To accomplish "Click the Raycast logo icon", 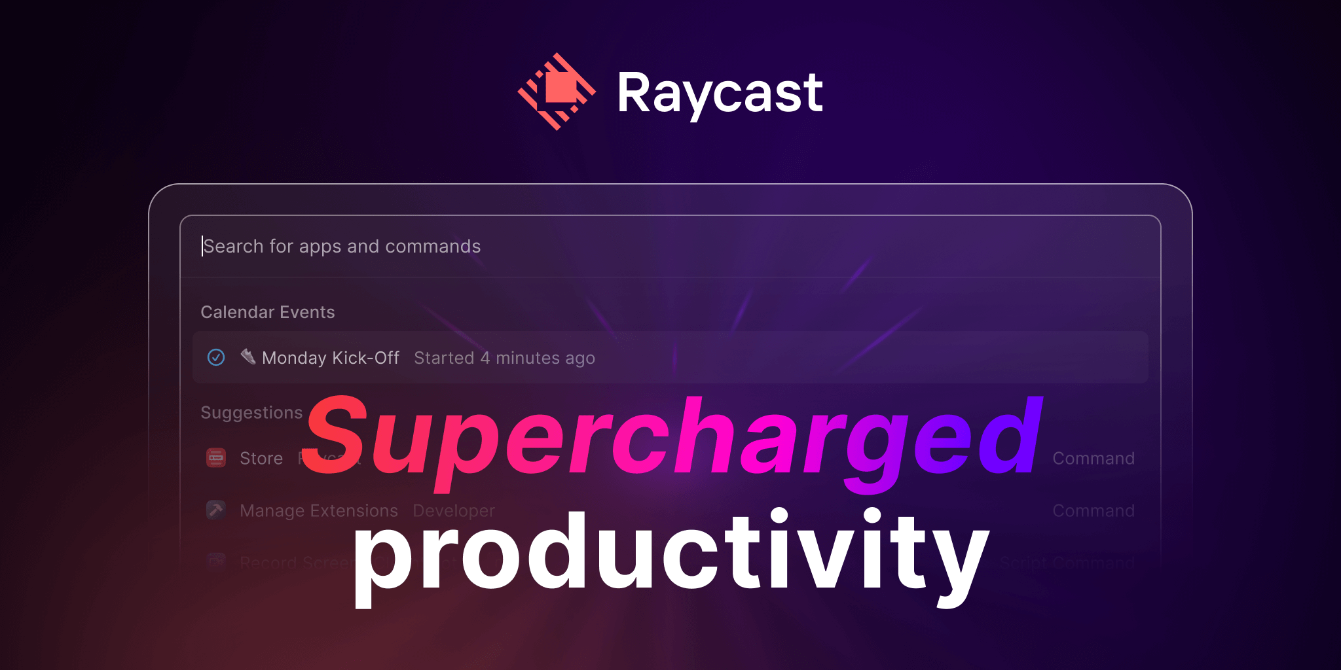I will (557, 92).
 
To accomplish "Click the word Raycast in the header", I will (720, 93).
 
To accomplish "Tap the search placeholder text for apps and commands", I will (342, 246).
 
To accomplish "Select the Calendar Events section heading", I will (267, 312).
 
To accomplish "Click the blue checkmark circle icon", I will (216, 357).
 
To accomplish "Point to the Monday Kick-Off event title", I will (330, 358).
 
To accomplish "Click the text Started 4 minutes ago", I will (504, 358).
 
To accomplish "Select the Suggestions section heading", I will (251, 412).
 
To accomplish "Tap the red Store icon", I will (216, 458).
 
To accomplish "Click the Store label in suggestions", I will (261, 459).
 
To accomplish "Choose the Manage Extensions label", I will (319, 510).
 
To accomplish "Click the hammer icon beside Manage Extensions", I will (216, 510).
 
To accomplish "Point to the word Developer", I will (454, 510).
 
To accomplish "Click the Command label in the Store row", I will (1093, 459).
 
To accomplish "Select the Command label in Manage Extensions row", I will (1093, 510).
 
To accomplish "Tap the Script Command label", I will (1067, 563).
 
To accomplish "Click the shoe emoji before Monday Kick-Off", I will (248, 357).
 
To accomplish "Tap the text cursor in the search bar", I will (202, 246).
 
